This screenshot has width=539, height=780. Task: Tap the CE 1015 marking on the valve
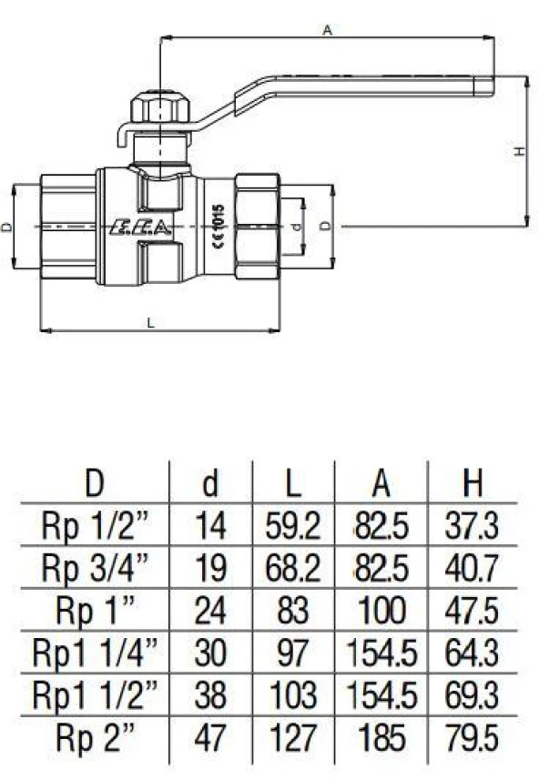[x=217, y=221]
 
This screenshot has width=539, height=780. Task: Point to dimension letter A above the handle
[x=327, y=29]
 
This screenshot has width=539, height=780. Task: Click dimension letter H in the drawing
[x=517, y=151]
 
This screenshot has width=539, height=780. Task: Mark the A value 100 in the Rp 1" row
[x=381, y=610]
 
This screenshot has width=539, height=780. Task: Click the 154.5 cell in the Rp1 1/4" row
[x=381, y=653]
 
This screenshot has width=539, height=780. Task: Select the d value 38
[x=210, y=695]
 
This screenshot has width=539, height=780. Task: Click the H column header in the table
[x=473, y=483]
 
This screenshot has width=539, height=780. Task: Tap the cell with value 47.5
[x=473, y=610]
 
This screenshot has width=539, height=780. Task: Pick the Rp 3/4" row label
[x=94, y=567]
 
